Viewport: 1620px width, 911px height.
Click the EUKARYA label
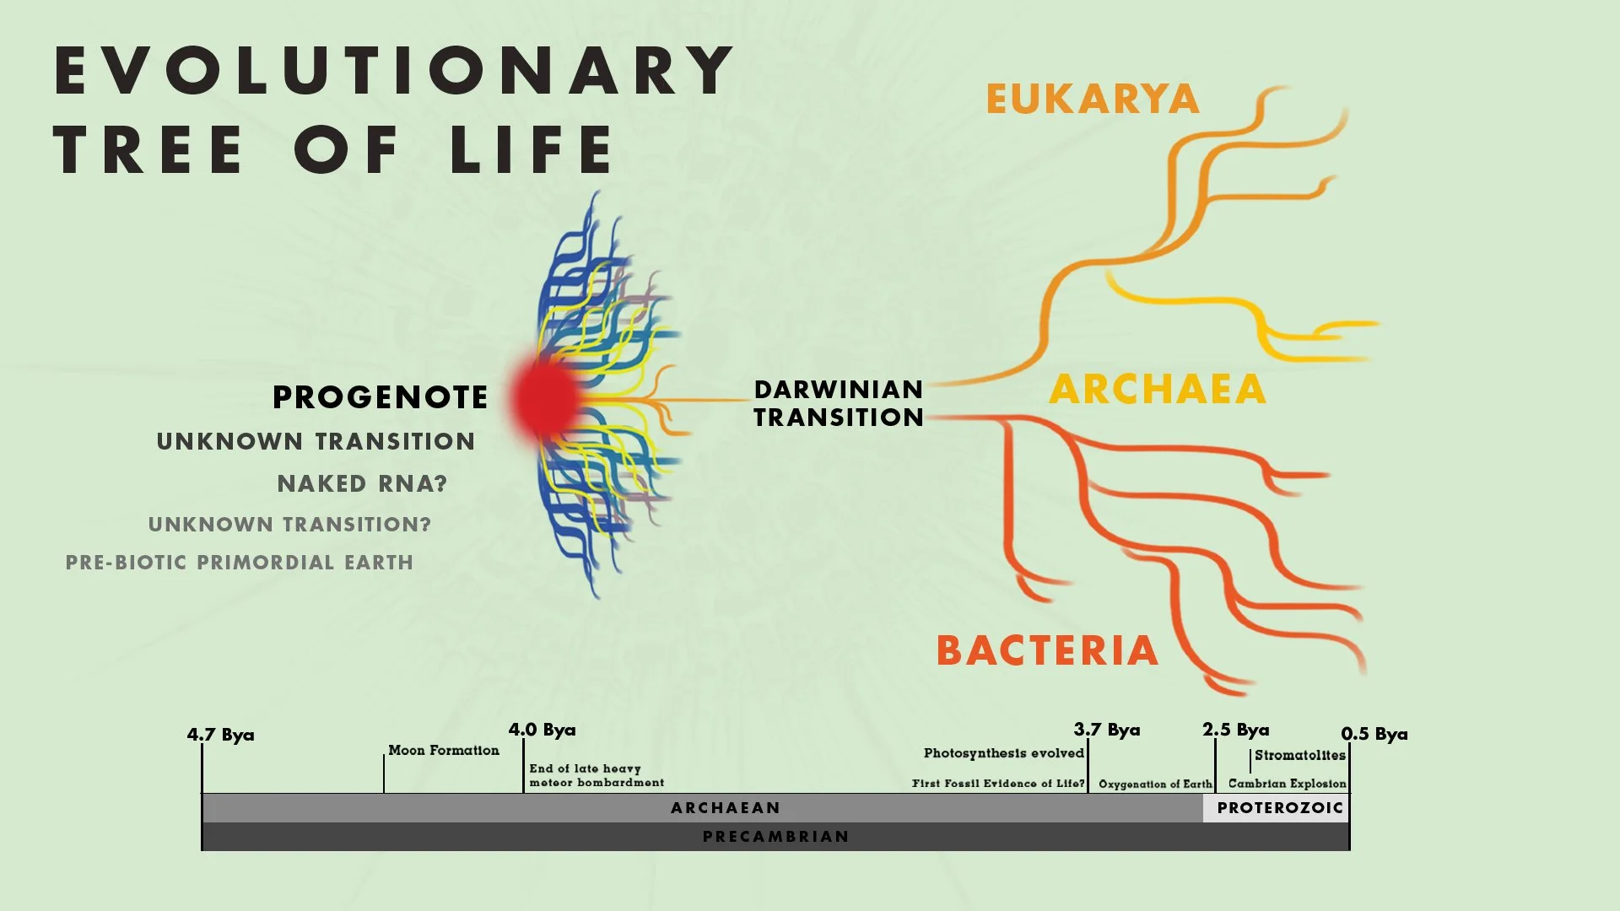tap(1092, 100)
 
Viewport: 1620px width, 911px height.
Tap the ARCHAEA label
tap(1157, 390)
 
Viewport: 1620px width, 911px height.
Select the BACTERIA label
tap(1047, 650)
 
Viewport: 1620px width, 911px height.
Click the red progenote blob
tap(546, 397)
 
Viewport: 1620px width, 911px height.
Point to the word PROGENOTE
tap(380, 397)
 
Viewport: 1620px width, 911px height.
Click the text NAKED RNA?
tap(362, 483)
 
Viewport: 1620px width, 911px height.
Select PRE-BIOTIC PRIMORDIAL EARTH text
tap(240, 563)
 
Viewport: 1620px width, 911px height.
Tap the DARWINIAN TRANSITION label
tap(838, 403)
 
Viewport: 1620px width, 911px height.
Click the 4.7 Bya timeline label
tap(220, 735)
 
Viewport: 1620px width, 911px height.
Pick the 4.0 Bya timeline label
tap(542, 730)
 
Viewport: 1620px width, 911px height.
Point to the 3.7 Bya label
tap(1106, 730)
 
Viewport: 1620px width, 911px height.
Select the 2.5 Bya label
tap(1235, 730)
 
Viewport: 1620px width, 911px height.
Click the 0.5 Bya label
tap(1374, 734)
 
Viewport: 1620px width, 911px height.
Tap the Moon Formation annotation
tap(443, 751)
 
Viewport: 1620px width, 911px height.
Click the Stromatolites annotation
tap(1299, 755)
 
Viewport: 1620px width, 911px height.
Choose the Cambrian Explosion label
tap(1287, 784)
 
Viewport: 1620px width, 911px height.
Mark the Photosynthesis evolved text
tap(1003, 753)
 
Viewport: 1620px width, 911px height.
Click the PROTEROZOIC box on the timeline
tap(1279, 808)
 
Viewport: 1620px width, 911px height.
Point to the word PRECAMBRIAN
tap(775, 837)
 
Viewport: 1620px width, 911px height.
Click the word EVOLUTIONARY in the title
tap(394, 71)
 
